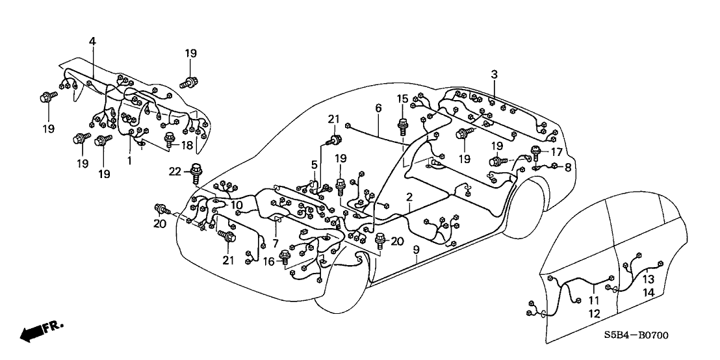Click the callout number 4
92,41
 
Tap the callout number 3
494,75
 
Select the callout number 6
378,109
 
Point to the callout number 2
409,196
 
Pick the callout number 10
237,205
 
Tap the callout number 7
276,242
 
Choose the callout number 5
314,166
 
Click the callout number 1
129,160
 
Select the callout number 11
593,301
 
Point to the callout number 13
649,279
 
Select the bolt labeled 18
170,139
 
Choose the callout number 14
649,293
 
